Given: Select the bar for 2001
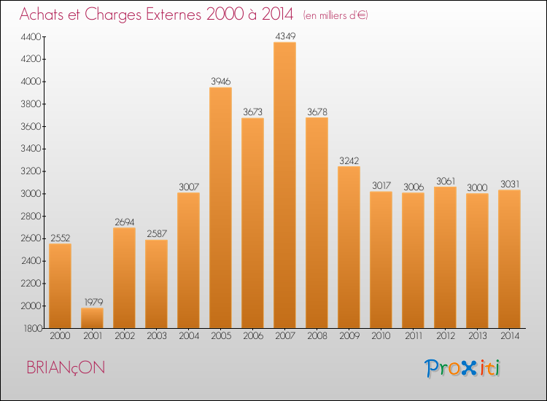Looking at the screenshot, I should [x=92, y=318].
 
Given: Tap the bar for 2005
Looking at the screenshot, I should [x=220, y=208].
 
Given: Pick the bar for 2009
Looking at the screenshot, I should [x=349, y=247].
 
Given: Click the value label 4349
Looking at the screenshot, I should [x=284, y=35].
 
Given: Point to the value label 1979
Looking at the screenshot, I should [x=92, y=301].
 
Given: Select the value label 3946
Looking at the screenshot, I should [x=220, y=80].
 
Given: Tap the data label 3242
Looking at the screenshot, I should [x=349, y=160].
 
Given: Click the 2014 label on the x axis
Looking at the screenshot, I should [x=509, y=336].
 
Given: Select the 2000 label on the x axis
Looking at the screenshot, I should [x=60, y=336].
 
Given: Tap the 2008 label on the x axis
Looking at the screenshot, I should [x=317, y=336].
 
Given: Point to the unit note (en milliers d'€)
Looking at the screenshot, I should [x=335, y=15].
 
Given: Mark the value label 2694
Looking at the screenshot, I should [x=124, y=221].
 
